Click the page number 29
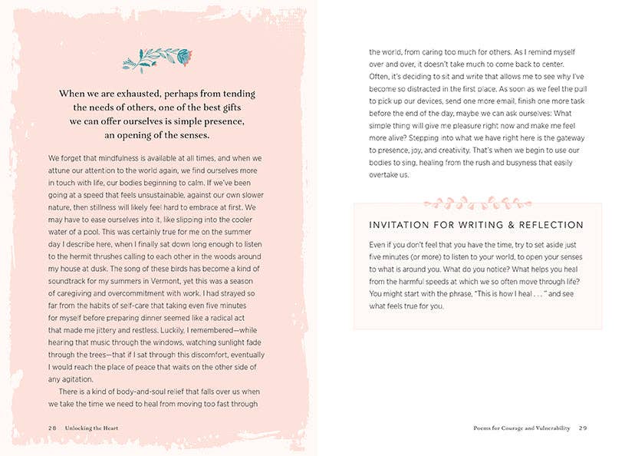click(583, 428)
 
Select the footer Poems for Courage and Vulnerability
click(521, 428)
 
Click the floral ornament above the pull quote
click(157, 59)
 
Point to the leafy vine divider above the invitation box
click(467, 203)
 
